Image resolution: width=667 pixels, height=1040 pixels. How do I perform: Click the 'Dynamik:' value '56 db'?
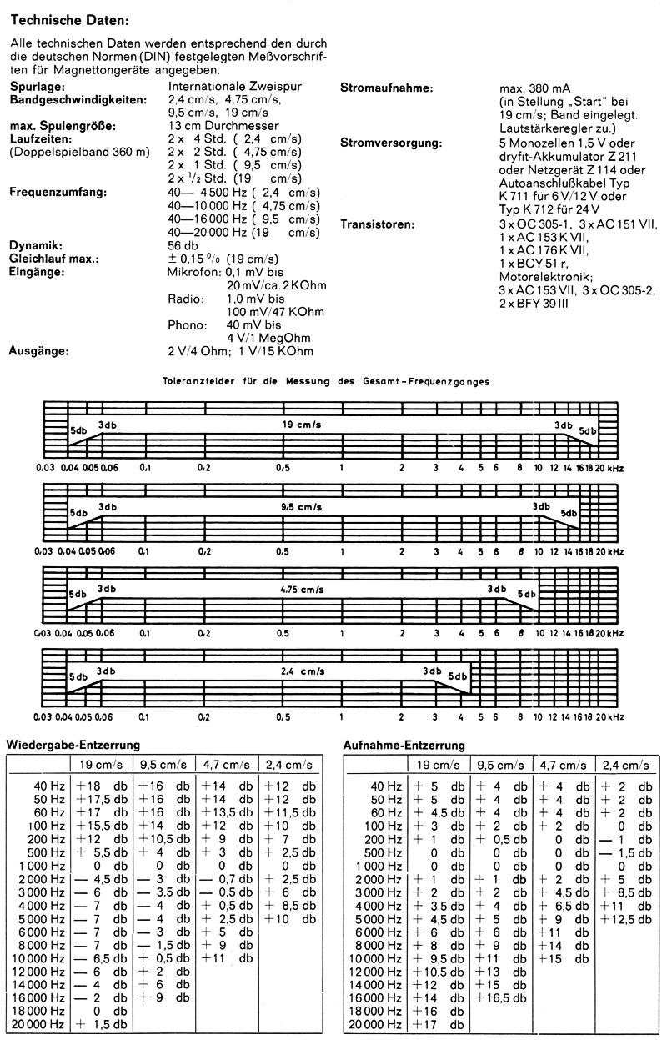pyautogui.click(x=183, y=246)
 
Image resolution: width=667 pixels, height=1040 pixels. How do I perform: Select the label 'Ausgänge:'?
pyautogui.click(x=40, y=351)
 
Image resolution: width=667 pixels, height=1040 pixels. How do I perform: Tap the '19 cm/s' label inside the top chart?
pyautogui.click(x=301, y=425)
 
